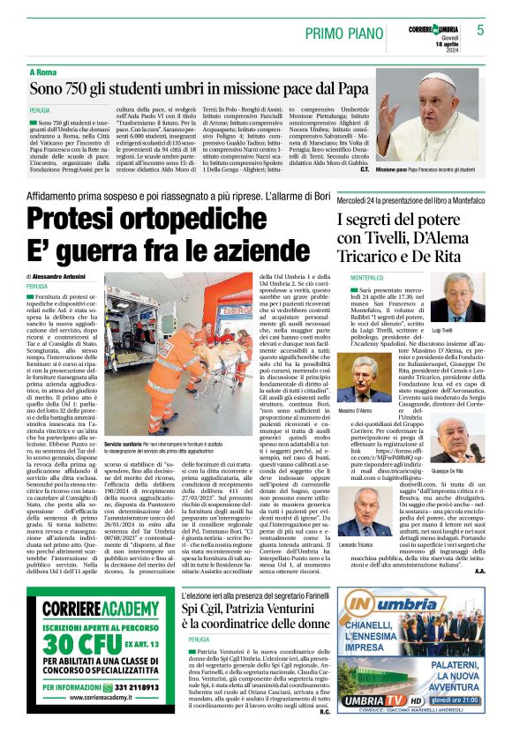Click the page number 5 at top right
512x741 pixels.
481,29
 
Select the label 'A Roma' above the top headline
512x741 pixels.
45,71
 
